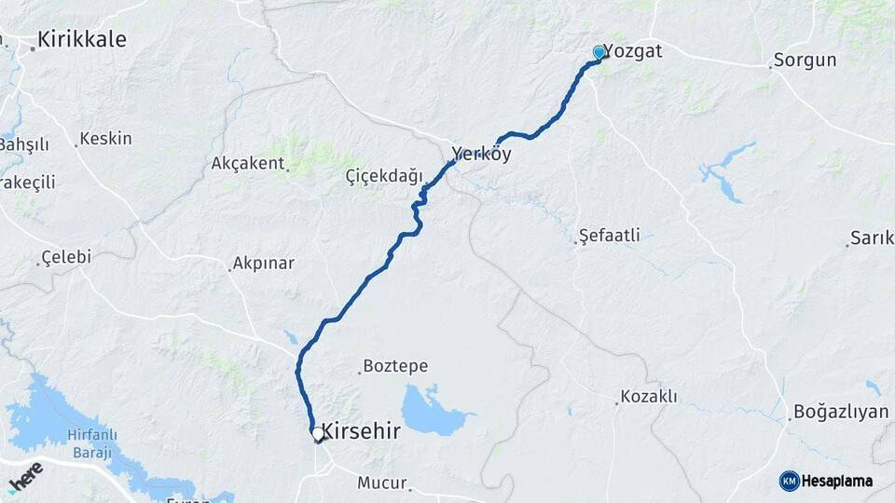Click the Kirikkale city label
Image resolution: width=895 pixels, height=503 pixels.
point(81,40)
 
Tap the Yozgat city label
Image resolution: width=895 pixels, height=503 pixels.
point(633,50)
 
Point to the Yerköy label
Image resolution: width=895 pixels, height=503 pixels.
point(482,155)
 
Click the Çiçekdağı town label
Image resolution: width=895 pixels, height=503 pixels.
point(384,176)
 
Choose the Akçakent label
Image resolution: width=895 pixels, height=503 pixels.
point(247,163)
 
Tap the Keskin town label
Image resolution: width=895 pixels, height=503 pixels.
point(105,139)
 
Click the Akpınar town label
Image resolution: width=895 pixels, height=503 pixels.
point(264,263)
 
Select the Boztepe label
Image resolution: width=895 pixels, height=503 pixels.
point(395,366)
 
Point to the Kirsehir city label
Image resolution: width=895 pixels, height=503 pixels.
point(365,432)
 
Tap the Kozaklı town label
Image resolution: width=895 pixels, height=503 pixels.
point(649,397)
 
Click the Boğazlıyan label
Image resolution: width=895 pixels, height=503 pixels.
point(841,412)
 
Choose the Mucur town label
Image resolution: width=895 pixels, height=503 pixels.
point(382,483)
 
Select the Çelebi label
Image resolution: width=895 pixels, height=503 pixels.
point(66,257)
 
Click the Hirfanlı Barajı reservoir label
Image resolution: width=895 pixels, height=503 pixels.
point(89,443)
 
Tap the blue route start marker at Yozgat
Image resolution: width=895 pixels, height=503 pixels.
point(599,53)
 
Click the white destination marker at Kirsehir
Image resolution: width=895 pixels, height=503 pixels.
point(318,434)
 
